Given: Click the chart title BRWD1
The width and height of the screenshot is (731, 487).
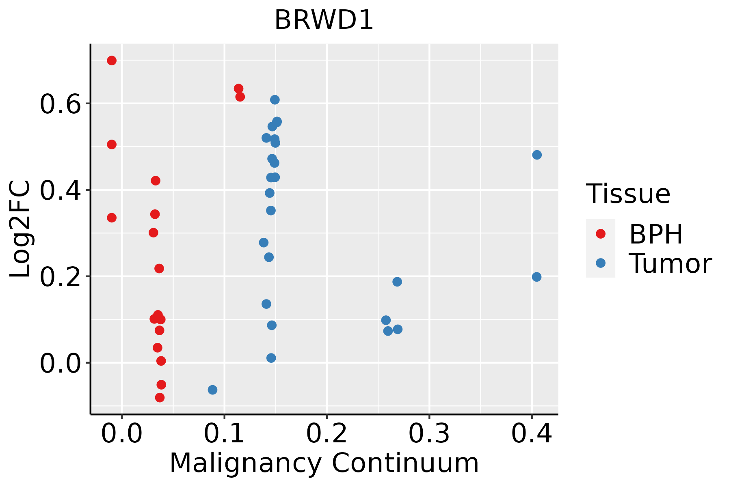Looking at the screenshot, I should pyautogui.click(x=324, y=20).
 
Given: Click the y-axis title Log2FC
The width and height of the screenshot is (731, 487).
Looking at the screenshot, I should pyautogui.click(x=20, y=229).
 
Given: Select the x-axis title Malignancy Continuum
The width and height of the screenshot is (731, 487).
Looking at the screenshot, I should pyautogui.click(x=324, y=463).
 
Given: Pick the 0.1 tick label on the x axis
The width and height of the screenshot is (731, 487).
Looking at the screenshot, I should pyautogui.click(x=224, y=433).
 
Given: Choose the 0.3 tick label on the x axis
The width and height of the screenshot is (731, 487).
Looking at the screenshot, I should pyautogui.click(x=429, y=433).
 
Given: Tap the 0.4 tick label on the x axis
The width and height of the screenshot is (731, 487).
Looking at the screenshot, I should pyautogui.click(x=531, y=433).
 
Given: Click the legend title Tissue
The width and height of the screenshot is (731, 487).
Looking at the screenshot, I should pyautogui.click(x=628, y=194).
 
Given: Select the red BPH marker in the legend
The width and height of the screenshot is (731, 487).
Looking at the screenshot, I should pyautogui.click(x=600, y=234).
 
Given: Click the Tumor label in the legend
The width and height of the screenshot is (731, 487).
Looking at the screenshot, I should pyautogui.click(x=670, y=264).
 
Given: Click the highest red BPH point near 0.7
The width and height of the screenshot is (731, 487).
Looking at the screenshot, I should pyautogui.click(x=112, y=60).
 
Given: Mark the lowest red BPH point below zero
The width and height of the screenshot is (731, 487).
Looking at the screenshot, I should pyautogui.click(x=160, y=397).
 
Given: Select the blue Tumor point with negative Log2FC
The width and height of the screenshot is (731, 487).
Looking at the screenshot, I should pyautogui.click(x=212, y=390).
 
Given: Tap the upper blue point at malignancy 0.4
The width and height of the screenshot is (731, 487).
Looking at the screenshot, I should pyautogui.click(x=537, y=155).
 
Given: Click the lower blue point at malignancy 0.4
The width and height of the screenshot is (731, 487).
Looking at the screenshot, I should pyautogui.click(x=536, y=277).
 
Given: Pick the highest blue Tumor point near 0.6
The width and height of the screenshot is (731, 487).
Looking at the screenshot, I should pyautogui.click(x=275, y=100).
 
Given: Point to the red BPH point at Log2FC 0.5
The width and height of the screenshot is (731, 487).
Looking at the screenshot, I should pyautogui.click(x=112, y=144).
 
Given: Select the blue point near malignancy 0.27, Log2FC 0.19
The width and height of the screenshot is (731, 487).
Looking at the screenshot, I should pyautogui.click(x=397, y=282).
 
